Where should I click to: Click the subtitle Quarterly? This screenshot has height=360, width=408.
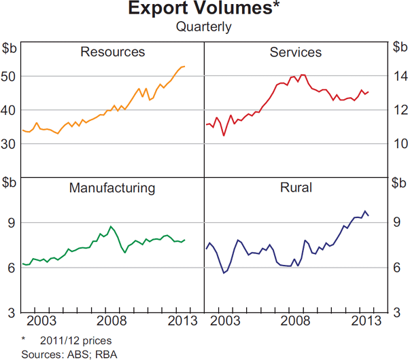click(x=204, y=27)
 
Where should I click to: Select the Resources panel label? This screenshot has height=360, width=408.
click(x=112, y=52)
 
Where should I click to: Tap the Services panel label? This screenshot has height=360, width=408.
click(x=296, y=52)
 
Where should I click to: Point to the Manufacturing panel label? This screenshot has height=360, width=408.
click(x=112, y=187)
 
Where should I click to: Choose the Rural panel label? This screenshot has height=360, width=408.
click(x=296, y=187)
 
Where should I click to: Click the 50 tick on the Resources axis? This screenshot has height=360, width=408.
click(x=11, y=76)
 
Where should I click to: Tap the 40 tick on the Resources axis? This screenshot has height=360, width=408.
click(x=11, y=110)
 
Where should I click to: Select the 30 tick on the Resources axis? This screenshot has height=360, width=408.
click(x=11, y=143)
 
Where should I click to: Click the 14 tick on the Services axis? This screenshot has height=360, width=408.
click(x=398, y=76)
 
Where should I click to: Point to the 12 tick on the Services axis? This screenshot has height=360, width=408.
click(x=398, y=110)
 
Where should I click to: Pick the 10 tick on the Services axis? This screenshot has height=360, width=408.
click(x=398, y=143)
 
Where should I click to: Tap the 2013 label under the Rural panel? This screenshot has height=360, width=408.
click(x=363, y=321)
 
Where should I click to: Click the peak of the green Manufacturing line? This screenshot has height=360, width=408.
click(x=112, y=226)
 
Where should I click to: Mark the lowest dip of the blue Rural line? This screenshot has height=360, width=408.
click(x=224, y=273)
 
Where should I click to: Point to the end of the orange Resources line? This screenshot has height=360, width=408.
click(x=184, y=66)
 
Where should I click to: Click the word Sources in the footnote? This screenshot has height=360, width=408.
click(x=38, y=353)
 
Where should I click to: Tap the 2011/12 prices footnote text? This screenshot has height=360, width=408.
click(x=75, y=340)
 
